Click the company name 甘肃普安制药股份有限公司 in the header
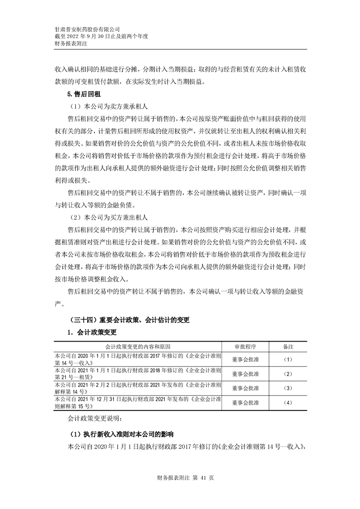pos(87,28)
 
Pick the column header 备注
pos(288,346)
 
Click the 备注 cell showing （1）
pos(288,359)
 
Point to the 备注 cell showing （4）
pos(288,402)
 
